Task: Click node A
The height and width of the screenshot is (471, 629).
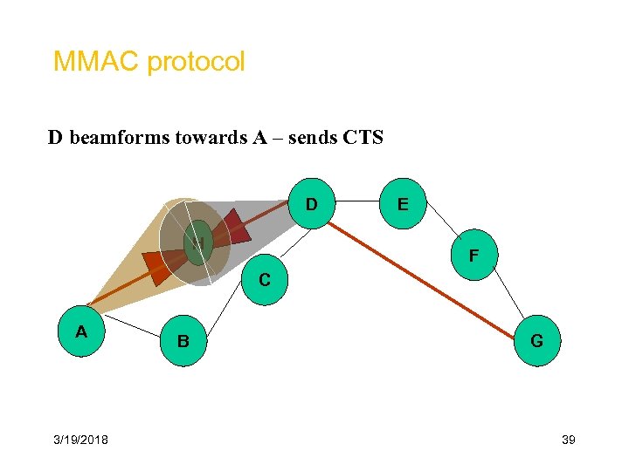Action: click(81, 331)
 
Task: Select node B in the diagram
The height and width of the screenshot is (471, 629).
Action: click(183, 341)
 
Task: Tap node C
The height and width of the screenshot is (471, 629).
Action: click(264, 280)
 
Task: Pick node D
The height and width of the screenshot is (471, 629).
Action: click(311, 204)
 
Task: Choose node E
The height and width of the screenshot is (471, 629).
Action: click(402, 204)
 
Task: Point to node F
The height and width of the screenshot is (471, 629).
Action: click(473, 256)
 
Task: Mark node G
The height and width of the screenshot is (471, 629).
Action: click(536, 341)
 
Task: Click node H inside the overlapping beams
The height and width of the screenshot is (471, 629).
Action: click(198, 242)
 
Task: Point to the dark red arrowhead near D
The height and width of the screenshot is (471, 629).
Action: click(234, 229)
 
